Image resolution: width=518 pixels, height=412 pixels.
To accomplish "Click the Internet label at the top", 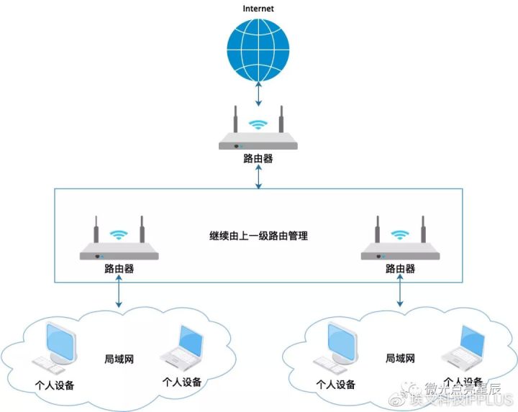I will [x=258, y=9].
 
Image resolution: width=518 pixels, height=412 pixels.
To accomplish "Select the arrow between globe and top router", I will [x=258, y=93].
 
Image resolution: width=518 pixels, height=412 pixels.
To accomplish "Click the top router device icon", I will [x=258, y=133].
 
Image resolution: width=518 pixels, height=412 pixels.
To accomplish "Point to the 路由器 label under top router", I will [x=258, y=158].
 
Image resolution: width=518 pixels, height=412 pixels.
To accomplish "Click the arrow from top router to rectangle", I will [x=258, y=177].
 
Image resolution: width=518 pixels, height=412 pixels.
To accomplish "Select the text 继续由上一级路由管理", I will [x=258, y=235].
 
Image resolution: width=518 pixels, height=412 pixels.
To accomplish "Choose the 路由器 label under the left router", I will [x=119, y=269].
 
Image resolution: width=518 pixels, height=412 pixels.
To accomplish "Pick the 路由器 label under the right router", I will [x=400, y=269].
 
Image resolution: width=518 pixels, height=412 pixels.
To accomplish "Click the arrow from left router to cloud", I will [x=119, y=293].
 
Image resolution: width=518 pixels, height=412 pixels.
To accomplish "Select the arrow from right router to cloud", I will [x=400, y=293].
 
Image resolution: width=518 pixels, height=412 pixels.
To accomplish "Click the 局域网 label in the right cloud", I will [x=400, y=357].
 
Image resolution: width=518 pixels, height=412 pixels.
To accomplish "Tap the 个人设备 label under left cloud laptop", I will [x=182, y=382].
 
